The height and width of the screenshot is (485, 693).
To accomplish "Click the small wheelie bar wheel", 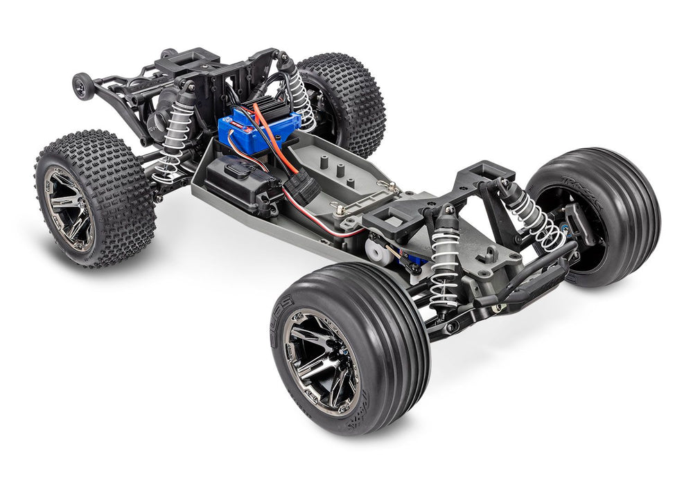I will pos(82,87).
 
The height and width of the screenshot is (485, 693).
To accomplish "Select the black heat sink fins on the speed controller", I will pos(272,112).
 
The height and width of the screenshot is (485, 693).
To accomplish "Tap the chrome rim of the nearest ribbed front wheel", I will pos(321,362).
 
